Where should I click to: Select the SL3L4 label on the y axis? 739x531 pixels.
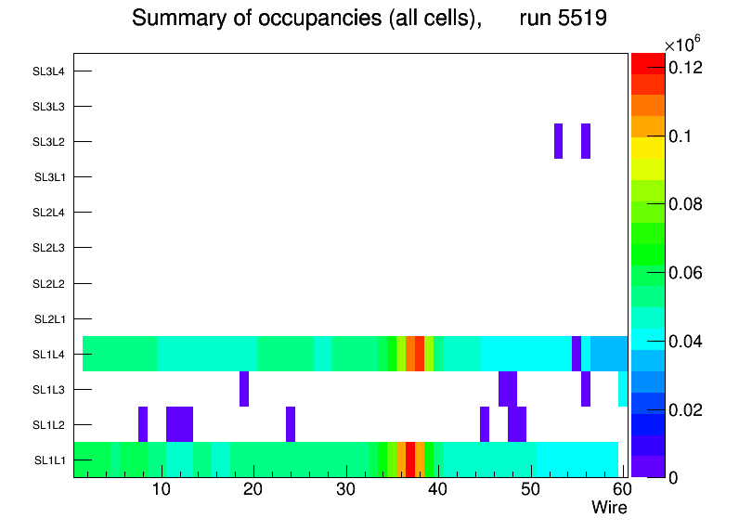coord(49,71)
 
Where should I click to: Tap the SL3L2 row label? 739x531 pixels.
coord(49,142)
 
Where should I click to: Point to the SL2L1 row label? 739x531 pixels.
coord(49,319)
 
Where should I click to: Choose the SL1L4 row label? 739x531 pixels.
coord(49,355)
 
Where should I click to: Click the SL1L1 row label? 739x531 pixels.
coord(49,460)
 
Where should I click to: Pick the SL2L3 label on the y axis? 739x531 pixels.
coord(49,248)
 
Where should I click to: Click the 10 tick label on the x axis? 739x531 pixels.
coord(162,490)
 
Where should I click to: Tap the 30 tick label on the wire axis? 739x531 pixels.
coord(345,490)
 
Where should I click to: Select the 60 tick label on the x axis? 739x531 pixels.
coord(621,490)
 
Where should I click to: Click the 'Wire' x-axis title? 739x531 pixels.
coord(609,508)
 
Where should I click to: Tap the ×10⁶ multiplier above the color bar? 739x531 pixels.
coord(681,45)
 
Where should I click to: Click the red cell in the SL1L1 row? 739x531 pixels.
coord(410,460)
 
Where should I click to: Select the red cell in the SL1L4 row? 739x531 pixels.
coord(420,354)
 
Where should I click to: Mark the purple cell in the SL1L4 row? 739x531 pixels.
coord(577,354)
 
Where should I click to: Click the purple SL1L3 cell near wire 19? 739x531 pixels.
coord(244,389)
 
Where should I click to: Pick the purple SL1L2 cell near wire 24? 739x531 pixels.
coord(291,424)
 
